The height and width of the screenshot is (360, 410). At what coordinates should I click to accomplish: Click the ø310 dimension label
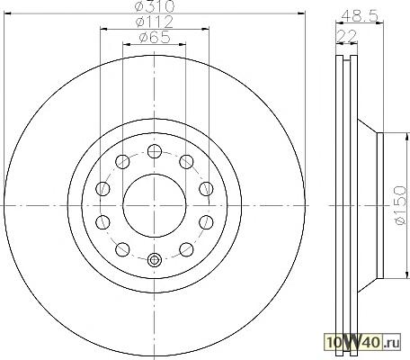pos(155,5)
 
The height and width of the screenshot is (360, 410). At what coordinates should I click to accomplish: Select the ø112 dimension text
pos(155,22)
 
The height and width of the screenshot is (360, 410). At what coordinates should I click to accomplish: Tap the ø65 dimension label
pos(155,37)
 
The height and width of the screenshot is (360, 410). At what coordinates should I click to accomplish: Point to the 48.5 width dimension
pos(360,15)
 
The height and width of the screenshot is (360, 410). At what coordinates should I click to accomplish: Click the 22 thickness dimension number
pos(347,36)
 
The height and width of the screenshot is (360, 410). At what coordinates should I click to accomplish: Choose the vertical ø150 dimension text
pos(400,205)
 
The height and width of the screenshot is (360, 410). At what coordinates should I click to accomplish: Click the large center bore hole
pos(155,205)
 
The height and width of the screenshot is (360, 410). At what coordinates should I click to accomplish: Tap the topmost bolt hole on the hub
pos(155,151)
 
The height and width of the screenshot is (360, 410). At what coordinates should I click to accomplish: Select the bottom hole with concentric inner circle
pos(155,260)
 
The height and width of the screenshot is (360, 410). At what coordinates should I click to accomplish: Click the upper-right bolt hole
pos(186,162)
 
